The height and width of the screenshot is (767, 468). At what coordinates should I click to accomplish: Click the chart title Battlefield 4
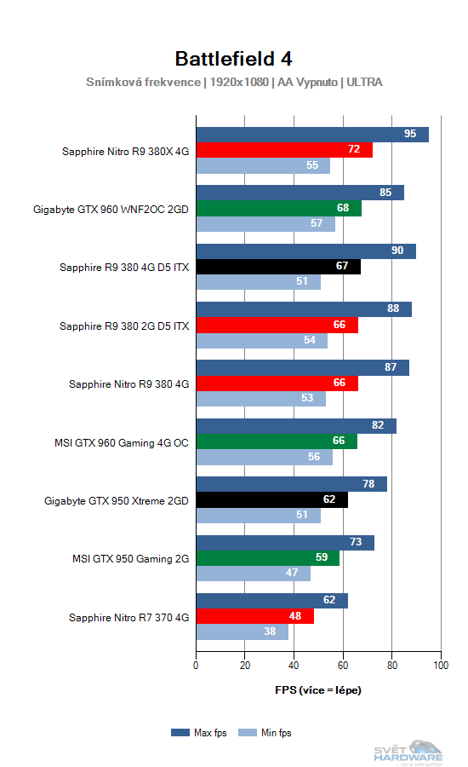(234, 58)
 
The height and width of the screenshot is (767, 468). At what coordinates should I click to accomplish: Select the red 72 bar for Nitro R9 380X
(284, 150)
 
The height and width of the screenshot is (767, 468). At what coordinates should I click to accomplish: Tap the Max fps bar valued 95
(312, 135)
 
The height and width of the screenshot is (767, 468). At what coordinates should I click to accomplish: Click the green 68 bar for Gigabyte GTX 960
(279, 209)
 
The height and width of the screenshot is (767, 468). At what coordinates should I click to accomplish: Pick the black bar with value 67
(278, 267)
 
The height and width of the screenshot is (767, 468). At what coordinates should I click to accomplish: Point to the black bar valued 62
(272, 500)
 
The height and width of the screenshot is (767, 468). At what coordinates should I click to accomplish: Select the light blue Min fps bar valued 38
(243, 632)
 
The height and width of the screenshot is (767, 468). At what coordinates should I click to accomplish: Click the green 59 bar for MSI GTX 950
(268, 558)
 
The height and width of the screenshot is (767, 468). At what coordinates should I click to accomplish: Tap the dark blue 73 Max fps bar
(285, 543)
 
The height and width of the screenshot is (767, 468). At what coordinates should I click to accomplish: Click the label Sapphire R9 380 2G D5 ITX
(124, 326)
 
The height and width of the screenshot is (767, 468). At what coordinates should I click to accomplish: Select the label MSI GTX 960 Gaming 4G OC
(122, 442)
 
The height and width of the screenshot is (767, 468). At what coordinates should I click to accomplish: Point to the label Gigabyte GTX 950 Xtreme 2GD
(117, 500)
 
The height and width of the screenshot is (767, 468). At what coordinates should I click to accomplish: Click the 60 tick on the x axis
(343, 666)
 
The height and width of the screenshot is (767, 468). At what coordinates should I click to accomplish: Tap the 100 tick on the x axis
(441, 666)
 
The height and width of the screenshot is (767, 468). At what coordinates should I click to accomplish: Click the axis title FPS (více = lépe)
(318, 689)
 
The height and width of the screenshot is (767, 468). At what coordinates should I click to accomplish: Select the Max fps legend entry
(197, 732)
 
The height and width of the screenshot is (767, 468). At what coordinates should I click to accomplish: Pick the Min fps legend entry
(265, 732)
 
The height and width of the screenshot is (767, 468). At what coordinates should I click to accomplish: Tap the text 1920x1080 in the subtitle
(239, 83)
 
